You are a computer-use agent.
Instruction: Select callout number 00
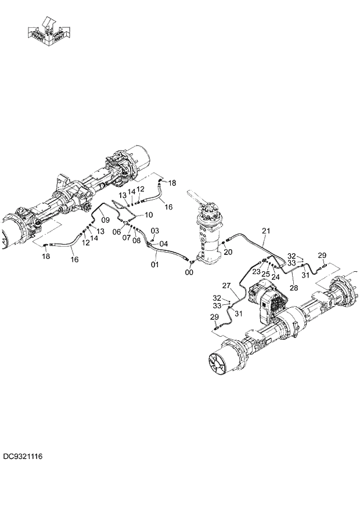[190, 271]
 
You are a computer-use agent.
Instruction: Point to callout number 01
[155, 265]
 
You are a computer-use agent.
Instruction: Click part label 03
[154, 231]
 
